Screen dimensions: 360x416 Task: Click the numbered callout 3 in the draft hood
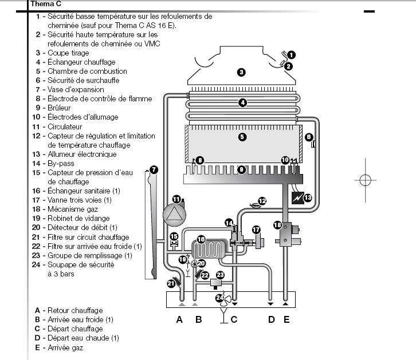click(x=241, y=72)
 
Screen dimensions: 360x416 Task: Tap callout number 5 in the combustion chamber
click(x=242, y=137)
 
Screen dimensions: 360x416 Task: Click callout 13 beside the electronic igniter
click(x=308, y=198)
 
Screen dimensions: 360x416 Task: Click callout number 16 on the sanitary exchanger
click(x=201, y=239)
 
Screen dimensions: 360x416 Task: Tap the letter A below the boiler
click(x=179, y=319)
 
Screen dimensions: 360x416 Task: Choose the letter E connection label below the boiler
click(x=287, y=319)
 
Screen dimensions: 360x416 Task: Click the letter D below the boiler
click(x=271, y=319)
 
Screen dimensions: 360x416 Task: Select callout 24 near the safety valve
click(x=219, y=298)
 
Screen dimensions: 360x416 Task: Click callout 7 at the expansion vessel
click(x=153, y=169)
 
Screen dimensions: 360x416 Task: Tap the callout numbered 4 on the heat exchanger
click(x=242, y=103)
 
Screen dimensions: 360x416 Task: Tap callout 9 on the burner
click(x=241, y=169)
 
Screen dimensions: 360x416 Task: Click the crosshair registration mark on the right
click(x=365, y=180)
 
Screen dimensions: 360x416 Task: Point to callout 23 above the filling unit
click(x=220, y=275)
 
